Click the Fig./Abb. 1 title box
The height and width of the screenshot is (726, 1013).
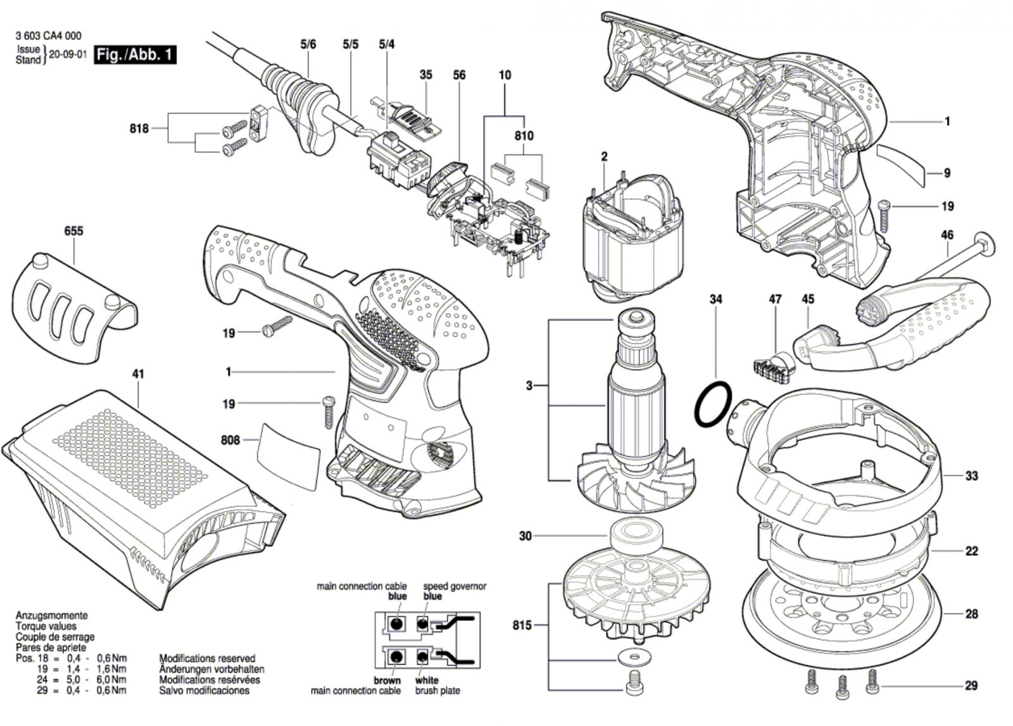pyautogui.click(x=135, y=55)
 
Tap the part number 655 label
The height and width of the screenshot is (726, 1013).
pyautogui.click(x=73, y=231)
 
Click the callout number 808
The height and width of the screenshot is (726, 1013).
pyautogui.click(x=230, y=440)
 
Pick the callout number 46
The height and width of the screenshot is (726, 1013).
pyautogui.click(x=947, y=235)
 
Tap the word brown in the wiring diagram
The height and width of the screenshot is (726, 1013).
pyautogui.click(x=387, y=680)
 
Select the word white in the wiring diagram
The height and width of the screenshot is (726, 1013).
pyautogui.click(x=427, y=680)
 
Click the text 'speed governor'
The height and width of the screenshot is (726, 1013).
pyautogui.click(x=455, y=586)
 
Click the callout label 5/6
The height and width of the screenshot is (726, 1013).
pyautogui.click(x=308, y=44)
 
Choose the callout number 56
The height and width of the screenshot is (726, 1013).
pyautogui.click(x=459, y=75)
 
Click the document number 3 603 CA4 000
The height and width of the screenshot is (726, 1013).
pyautogui.click(x=48, y=36)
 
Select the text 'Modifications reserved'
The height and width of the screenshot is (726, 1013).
pyautogui.click(x=207, y=658)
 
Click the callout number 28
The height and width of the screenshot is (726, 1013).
pyautogui.click(x=971, y=614)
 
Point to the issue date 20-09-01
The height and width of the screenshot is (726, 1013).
pyautogui.click(x=67, y=54)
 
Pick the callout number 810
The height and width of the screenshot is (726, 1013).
pyautogui.click(x=524, y=135)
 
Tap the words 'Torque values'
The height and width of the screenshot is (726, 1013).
pyautogui.click(x=46, y=626)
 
